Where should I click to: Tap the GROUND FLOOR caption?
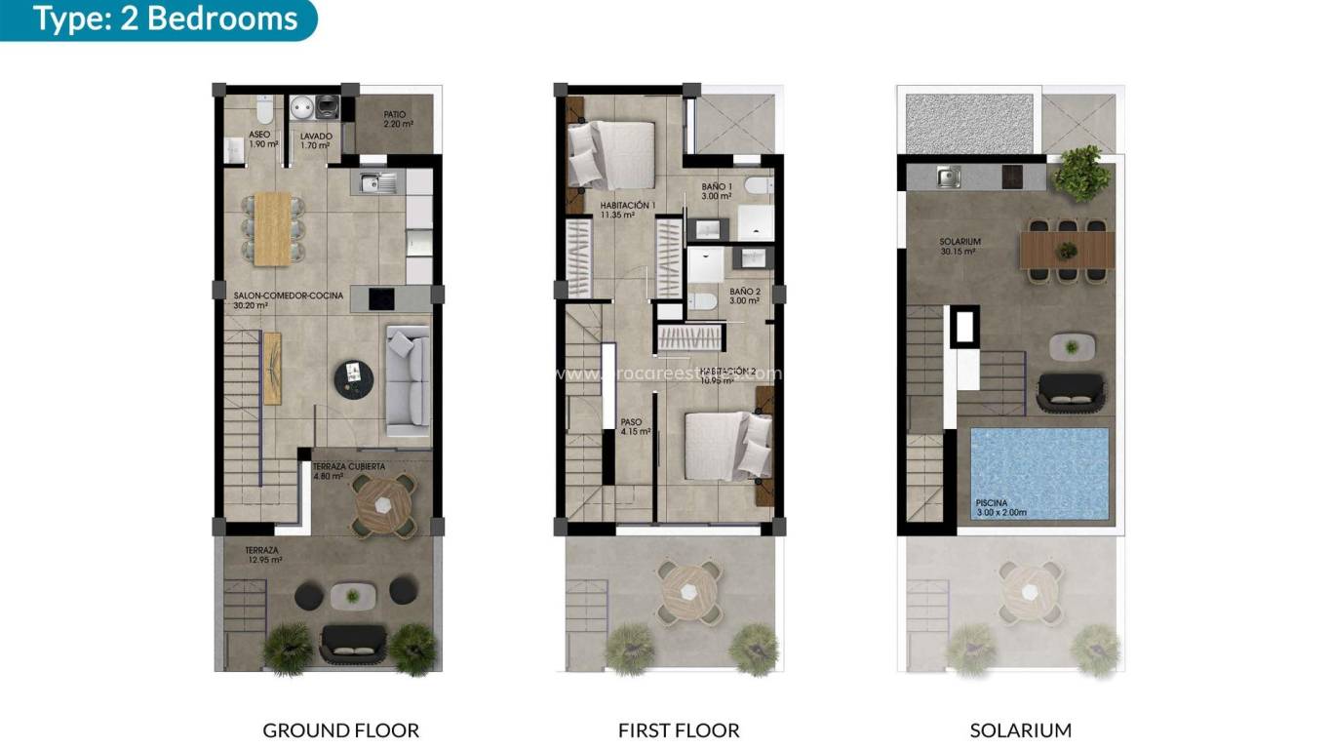[340, 729]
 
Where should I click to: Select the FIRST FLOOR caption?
[678, 729]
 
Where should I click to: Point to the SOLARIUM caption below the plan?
[1020, 729]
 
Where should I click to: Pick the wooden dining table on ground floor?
[272, 228]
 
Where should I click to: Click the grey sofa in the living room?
[408, 380]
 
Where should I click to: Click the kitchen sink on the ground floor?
[377, 182]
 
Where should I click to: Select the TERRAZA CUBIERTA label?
[348, 472]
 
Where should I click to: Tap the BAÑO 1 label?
[719, 191]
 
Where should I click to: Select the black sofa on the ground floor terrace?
[353, 640]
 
